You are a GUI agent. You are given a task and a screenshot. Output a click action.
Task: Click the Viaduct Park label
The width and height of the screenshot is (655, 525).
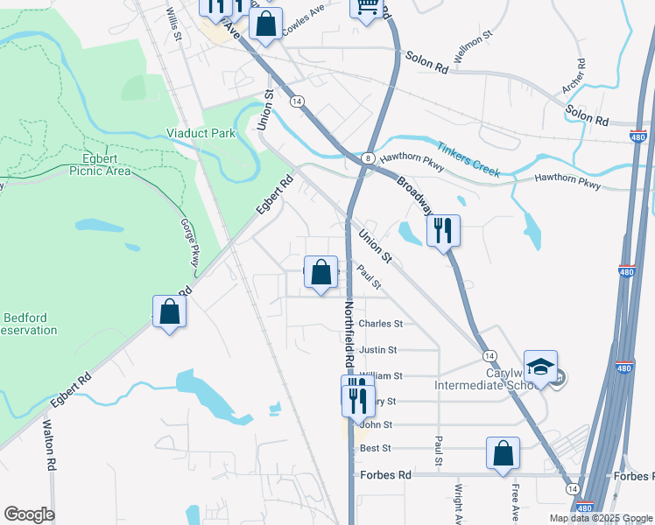(201, 134)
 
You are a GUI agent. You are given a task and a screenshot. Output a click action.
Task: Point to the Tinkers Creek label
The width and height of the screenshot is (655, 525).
(468, 160)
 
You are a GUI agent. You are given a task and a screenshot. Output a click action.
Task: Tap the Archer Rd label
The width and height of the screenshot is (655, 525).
(579, 76)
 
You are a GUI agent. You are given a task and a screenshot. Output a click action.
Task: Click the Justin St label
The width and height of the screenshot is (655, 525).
(378, 349)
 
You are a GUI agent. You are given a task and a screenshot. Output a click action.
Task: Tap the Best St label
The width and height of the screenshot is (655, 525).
(374, 448)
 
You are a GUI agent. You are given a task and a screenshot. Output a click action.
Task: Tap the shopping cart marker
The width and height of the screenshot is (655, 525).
(367, 7)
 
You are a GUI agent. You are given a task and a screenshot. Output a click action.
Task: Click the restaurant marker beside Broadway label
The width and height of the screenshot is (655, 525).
(443, 230)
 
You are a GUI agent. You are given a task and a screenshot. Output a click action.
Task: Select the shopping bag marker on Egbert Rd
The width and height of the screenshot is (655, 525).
(170, 311)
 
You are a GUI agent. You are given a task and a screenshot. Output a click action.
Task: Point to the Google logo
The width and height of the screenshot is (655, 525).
(29, 514)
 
